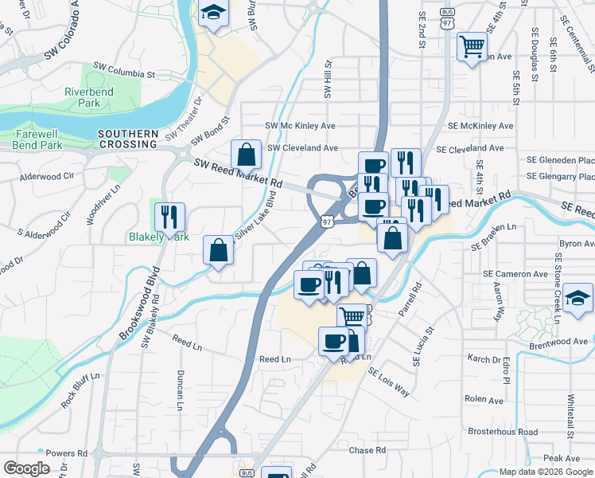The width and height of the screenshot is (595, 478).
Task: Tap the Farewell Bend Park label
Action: [37, 140]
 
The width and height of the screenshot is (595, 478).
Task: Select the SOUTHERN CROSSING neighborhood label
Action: [127, 139]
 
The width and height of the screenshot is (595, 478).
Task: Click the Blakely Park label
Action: [159, 237]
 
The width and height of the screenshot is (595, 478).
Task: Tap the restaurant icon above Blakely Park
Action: [169, 216]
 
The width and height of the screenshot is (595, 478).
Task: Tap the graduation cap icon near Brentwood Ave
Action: [580, 300]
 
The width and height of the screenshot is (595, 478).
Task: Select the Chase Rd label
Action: [367, 451]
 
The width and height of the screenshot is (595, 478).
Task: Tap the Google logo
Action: [26, 468]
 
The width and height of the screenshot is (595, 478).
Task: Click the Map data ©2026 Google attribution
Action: [546, 472]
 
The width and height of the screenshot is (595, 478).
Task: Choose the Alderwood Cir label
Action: [46, 176]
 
